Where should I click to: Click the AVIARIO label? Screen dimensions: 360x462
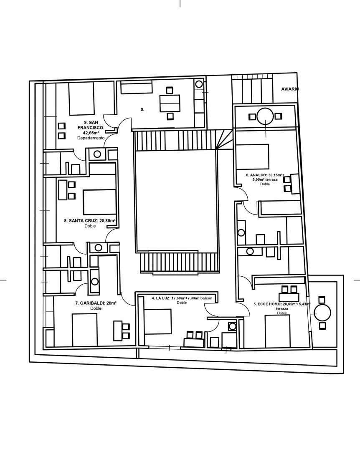(290, 89)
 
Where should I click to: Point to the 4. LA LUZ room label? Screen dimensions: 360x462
(160, 298)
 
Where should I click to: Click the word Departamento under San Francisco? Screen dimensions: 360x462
(91, 138)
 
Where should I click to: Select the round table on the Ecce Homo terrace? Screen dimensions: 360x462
(322, 313)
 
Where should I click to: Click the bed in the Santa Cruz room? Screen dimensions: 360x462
(99, 202)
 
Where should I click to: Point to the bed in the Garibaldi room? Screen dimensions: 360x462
(85, 330)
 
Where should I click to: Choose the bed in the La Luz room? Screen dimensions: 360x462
(158, 321)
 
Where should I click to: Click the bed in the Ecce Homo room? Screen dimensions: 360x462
(277, 331)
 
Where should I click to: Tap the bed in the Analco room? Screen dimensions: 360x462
(253, 157)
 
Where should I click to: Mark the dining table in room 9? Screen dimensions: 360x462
(170, 103)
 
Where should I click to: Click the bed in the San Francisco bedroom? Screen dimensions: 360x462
(81, 98)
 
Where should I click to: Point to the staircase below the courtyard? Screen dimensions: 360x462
(179, 263)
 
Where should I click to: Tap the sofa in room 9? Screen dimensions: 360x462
(136, 88)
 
